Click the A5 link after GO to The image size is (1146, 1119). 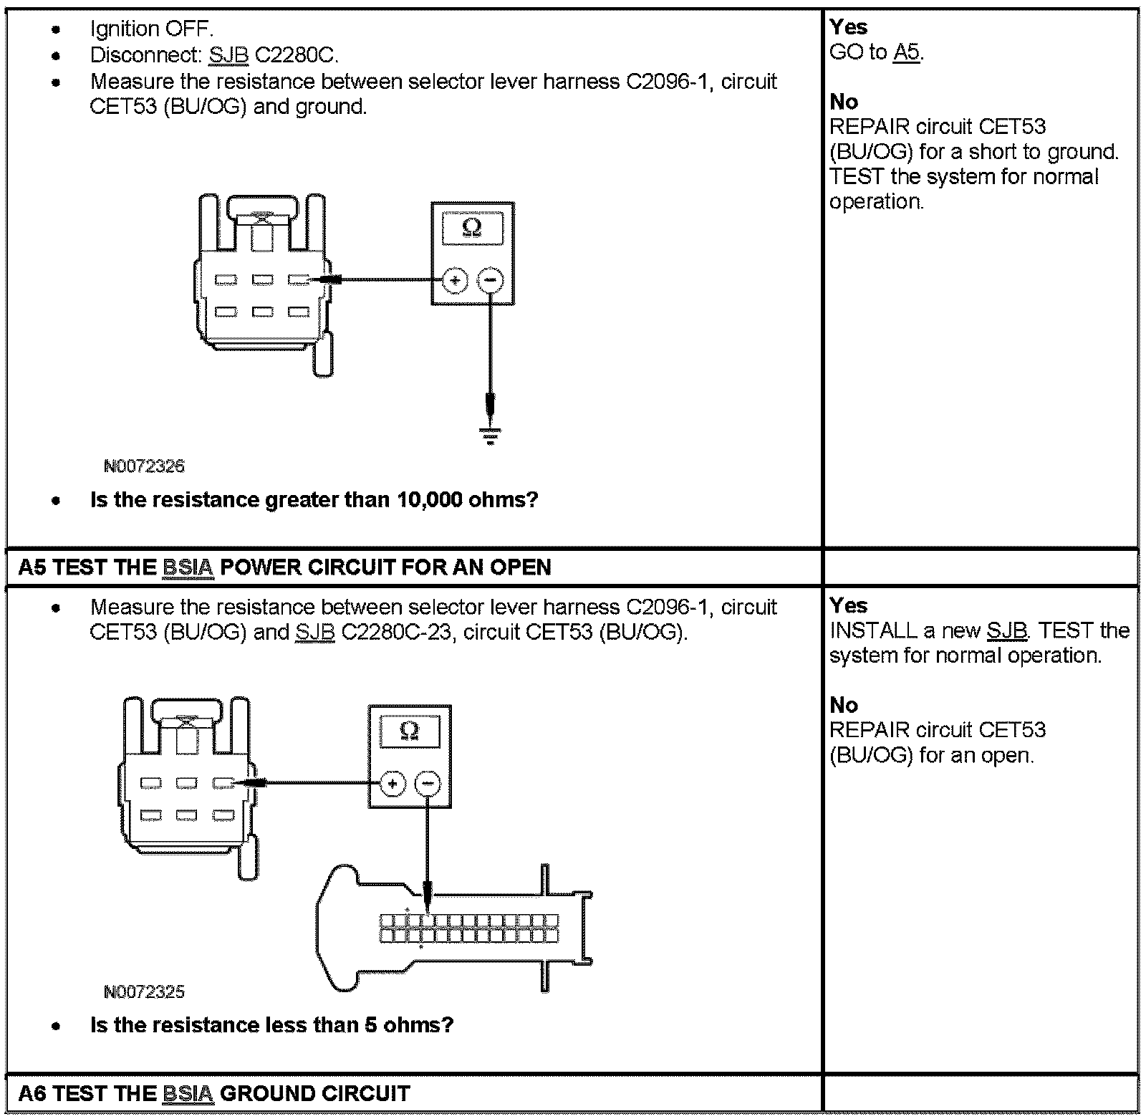coord(906,52)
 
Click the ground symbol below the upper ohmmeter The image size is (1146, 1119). coord(490,436)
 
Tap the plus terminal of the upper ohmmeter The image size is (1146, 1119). coord(455,280)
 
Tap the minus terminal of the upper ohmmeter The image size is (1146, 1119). coord(490,280)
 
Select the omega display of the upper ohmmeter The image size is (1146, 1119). coord(472,229)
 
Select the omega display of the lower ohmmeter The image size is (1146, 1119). coord(410,731)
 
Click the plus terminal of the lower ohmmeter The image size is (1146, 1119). coord(392,784)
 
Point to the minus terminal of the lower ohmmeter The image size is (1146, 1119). coord(428,784)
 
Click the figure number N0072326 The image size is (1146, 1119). coord(144,466)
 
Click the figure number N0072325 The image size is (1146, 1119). coord(144,992)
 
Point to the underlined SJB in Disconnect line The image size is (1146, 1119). coord(228,55)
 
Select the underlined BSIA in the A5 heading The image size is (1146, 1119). coord(188,568)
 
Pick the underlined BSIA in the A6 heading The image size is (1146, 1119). coord(188,1094)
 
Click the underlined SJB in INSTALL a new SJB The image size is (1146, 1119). coord(1006,631)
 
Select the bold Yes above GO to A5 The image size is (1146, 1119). coord(849,27)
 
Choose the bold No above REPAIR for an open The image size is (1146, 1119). coord(844,705)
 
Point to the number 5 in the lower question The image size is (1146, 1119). coord(370,1025)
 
